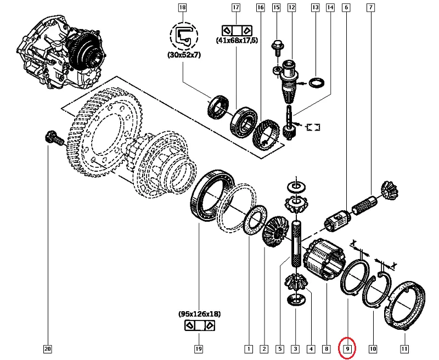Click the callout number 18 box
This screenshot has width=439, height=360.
(x=182, y=7)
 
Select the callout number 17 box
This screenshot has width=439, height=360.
(x=236, y=7)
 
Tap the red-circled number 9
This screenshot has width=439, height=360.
(x=347, y=348)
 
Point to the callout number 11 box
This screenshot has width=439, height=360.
(x=404, y=348)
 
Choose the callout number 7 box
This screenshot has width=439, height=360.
(x=372, y=7)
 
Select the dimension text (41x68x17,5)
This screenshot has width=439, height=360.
(x=237, y=40)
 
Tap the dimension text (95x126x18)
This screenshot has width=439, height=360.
(x=199, y=314)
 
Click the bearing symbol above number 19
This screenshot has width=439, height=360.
(x=199, y=326)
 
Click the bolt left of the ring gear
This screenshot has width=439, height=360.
(x=53, y=139)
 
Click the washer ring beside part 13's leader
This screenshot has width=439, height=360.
(x=316, y=82)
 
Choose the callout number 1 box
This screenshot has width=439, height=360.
(x=248, y=348)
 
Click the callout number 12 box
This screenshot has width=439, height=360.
(x=291, y=7)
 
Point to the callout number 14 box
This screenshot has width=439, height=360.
(x=330, y=7)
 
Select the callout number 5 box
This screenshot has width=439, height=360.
(x=279, y=348)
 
